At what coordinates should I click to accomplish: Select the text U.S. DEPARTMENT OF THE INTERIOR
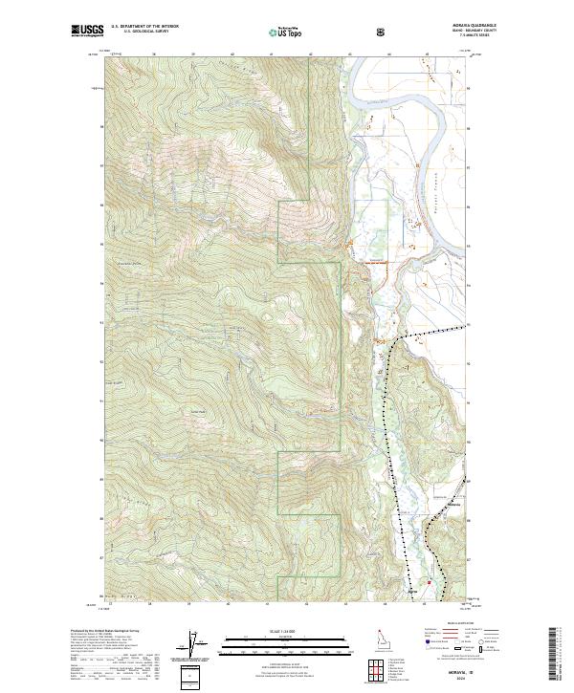click(143, 28)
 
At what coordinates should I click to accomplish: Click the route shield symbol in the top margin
click(383, 31)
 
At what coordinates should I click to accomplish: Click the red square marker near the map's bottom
click(430, 582)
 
